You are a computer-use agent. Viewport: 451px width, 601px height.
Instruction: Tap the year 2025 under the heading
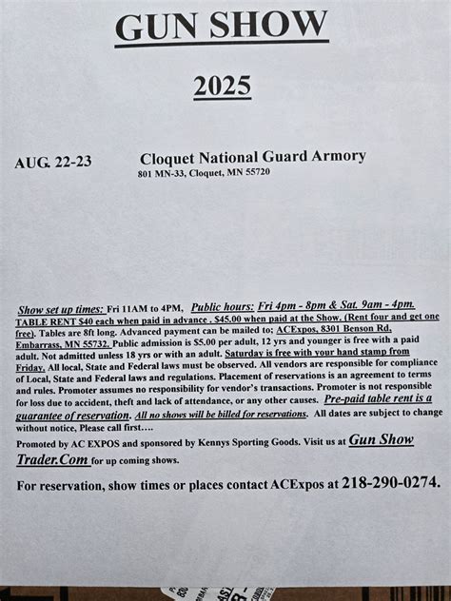click(222, 87)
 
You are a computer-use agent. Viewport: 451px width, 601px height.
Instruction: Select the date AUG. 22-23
click(53, 162)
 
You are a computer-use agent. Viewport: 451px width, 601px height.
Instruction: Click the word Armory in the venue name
click(333, 156)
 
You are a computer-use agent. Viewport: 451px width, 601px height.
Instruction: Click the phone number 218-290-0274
click(389, 484)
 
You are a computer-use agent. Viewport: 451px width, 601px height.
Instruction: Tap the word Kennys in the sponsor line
click(224, 442)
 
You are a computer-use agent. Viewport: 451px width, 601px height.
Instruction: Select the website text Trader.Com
click(53, 459)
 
